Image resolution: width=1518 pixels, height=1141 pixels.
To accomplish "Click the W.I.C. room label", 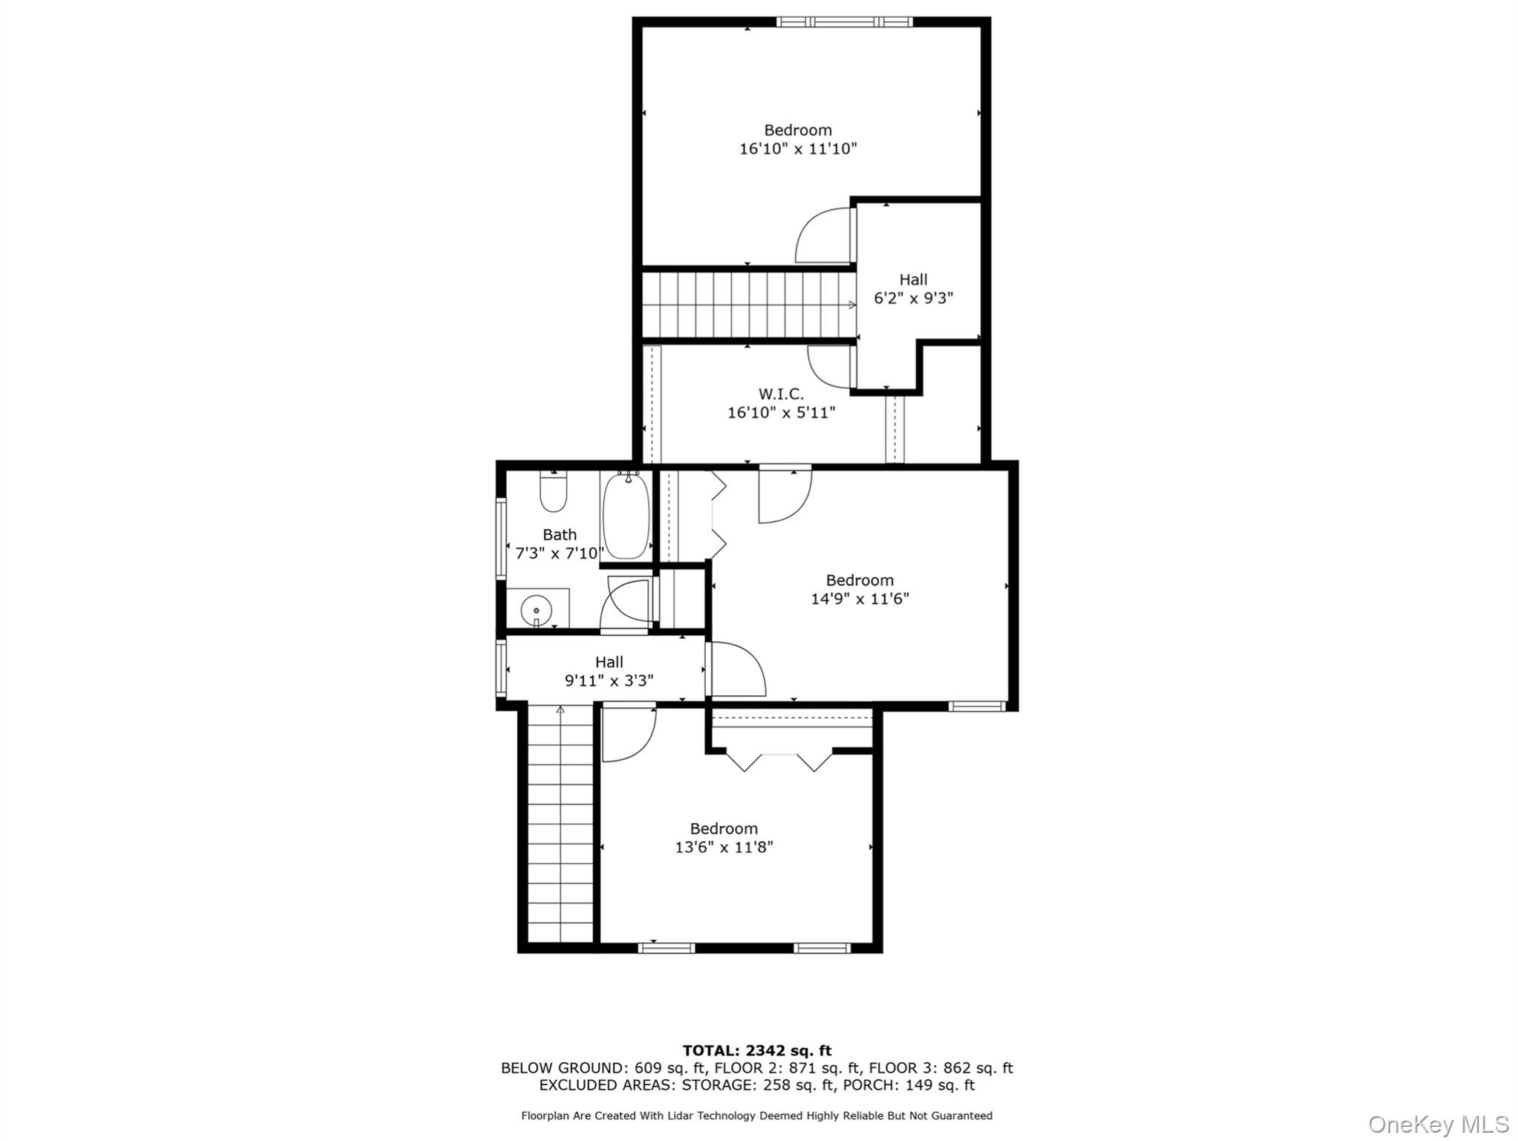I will (x=781, y=394).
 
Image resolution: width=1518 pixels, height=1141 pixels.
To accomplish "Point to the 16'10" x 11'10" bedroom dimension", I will (x=797, y=149).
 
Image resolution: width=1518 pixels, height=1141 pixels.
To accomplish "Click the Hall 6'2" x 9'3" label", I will (x=913, y=289).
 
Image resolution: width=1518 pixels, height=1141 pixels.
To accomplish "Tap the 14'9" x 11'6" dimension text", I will (x=860, y=599).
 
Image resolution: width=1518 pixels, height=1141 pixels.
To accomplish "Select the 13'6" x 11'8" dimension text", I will (x=724, y=847).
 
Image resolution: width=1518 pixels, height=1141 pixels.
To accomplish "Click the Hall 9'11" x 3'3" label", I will (x=609, y=672).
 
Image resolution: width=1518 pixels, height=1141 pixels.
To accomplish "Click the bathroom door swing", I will (x=626, y=605).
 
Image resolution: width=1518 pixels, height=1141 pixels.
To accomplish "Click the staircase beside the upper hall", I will (x=747, y=305).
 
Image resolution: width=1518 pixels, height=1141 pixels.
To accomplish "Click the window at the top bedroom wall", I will (x=844, y=22).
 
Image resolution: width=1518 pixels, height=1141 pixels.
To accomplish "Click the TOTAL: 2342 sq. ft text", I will (x=756, y=1050).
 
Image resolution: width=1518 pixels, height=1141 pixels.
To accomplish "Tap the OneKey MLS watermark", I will (x=1437, y=1124).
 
